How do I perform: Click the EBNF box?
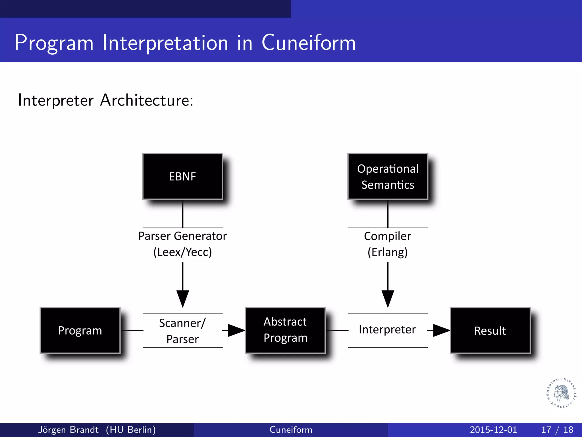pyautogui.click(x=182, y=176)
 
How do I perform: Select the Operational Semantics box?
pyautogui.click(x=388, y=176)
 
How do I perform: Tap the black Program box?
pyautogui.click(x=80, y=330)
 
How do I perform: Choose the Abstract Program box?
pyautogui.click(x=285, y=330)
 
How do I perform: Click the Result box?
pyautogui.click(x=490, y=330)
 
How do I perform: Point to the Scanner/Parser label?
pyautogui.click(x=182, y=331)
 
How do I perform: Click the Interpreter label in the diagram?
pyautogui.click(x=387, y=329)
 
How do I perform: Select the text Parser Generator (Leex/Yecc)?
pyautogui.click(x=182, y=244)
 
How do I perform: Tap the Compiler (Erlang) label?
pyautogui.click(x=388, y=244)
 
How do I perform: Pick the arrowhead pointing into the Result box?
pyautogui.click(x=441, y=330)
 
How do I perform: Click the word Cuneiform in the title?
pyautogui.click(x=308, y=43)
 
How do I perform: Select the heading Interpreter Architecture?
pyautogui.click(x=105, y=100)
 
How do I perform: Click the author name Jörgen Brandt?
pyautogui.click(x=68, y=430)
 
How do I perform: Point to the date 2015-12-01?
pyautogui.click(x=493, y=430)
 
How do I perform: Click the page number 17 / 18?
pyautogui.click(x=557, y=430)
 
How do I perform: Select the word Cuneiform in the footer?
pyautogui.click(x=291, y=430)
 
